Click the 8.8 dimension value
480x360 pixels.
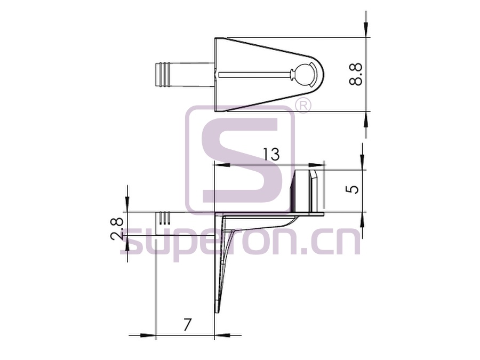click(355, 74)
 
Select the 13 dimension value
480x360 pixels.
click(271, 154)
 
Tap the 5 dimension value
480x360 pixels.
click(353, 189)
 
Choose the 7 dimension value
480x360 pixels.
click(187, 325)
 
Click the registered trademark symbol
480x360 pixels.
click(303, 106)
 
